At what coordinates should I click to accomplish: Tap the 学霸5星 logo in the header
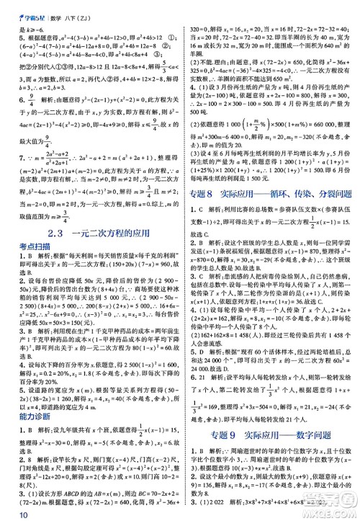pos(21,8)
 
